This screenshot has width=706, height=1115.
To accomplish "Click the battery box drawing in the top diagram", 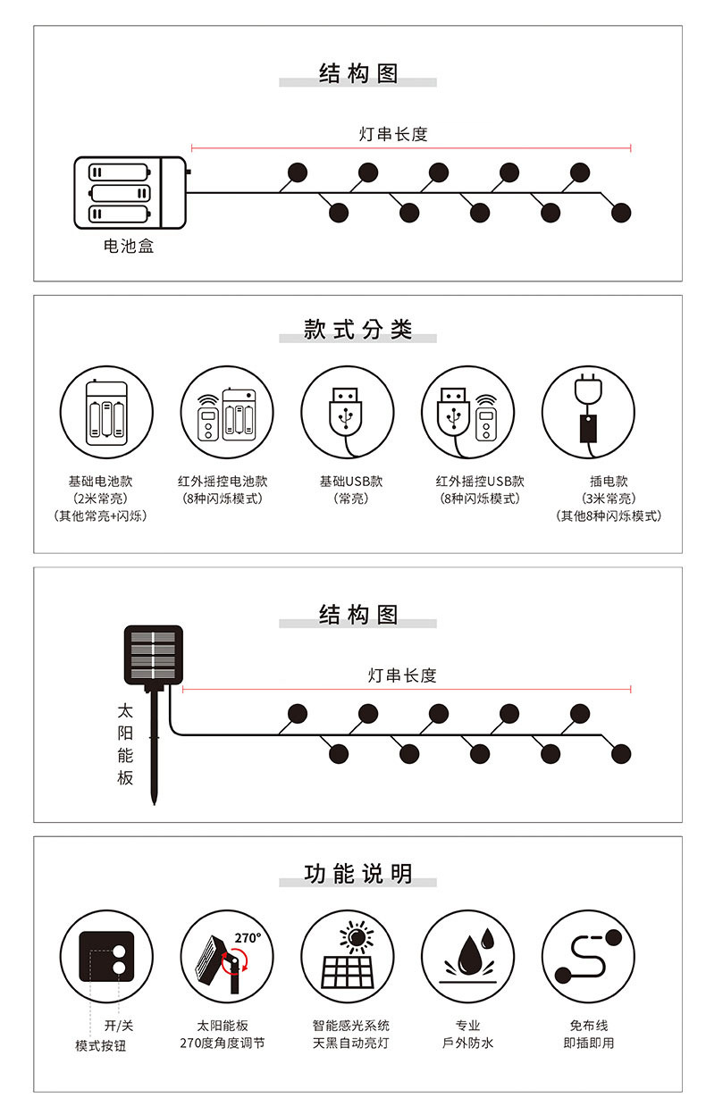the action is coord(130,193).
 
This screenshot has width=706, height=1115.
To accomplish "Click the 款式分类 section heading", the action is coord(357,330).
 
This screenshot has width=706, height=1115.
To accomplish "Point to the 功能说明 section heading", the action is coord(357,873).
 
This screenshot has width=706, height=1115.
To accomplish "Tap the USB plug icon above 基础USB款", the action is coord(347,412).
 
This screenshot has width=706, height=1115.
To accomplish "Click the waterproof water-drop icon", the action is coord(467,956).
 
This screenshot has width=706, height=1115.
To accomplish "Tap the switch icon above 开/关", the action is coord(106,956).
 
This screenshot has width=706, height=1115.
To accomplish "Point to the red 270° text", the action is coord(248,938).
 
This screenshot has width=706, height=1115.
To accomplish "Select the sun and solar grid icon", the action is coord(347,956).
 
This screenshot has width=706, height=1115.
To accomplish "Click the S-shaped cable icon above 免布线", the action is coord(588,956).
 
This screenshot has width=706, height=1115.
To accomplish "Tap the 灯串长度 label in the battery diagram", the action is coord(393,134).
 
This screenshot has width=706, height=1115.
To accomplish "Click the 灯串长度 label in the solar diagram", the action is coord(402,675).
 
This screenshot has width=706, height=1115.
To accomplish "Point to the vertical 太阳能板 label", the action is coord(125,744).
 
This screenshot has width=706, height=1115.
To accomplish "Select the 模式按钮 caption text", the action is coord(100,1044).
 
